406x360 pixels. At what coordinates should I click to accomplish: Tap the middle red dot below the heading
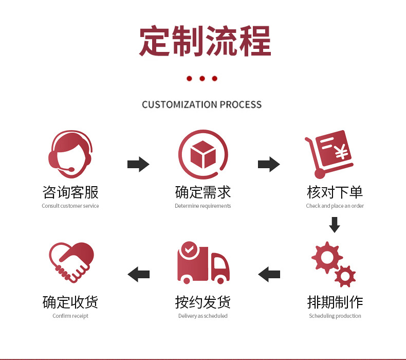pos(202,79)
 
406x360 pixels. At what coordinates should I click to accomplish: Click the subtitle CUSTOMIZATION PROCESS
pos(202,105)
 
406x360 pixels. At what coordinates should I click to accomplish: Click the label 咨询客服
pos(70,192)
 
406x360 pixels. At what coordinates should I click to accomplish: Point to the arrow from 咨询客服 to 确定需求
pos(138,165)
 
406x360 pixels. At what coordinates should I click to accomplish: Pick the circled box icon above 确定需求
pos(202,154)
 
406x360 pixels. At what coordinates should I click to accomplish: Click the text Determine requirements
pos(202,206)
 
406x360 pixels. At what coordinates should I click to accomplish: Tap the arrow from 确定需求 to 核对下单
pos(268,165)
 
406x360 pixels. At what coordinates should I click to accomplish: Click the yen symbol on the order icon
pos(340,153)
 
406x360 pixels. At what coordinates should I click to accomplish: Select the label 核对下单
pos(335,192)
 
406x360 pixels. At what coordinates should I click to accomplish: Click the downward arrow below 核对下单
pos(335,225)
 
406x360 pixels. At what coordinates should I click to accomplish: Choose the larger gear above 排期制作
pos(327,258)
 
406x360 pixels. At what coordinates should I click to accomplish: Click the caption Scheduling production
pos(335,316)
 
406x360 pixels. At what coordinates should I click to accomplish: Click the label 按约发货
pos(202,302)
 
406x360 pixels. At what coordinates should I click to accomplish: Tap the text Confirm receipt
pos(70,316)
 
